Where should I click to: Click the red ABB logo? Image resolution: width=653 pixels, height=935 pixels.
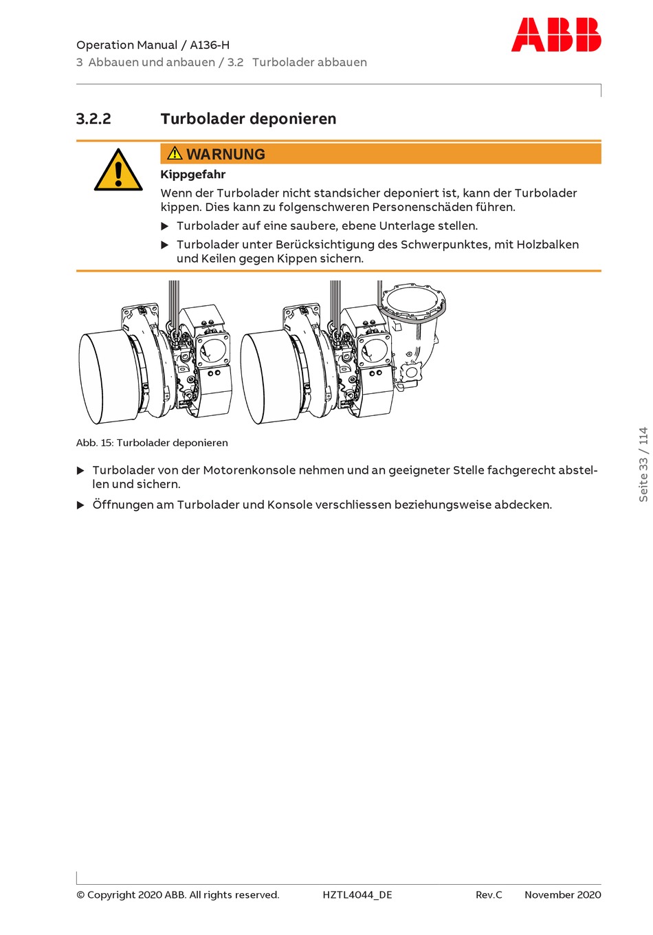coord(555,35)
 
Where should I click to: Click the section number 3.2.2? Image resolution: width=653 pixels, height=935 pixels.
coord(93,119)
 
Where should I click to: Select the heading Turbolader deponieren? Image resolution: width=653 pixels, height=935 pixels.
coord(248,119)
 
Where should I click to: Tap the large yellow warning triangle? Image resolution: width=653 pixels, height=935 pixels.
coord(118,171)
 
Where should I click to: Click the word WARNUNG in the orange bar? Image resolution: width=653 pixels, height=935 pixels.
coord(225,155)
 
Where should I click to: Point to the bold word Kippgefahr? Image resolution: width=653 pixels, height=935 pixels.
coord(192,175)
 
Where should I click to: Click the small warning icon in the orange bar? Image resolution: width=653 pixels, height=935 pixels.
coord(175,153)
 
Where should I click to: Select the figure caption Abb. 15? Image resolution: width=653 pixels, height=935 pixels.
coord(152,443)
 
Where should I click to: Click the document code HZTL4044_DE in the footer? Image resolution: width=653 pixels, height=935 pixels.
coord(357,894)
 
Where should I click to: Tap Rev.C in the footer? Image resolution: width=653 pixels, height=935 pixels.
coord(489,894)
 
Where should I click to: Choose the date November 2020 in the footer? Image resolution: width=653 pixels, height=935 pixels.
coord(562,894)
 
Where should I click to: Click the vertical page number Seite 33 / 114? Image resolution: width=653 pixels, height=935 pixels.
coord(643,465)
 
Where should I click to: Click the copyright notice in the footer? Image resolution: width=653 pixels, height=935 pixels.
coord(177,894)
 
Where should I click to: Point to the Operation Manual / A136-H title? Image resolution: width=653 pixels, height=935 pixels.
coord(153,45)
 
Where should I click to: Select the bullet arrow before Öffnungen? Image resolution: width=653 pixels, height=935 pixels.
coord(80,505)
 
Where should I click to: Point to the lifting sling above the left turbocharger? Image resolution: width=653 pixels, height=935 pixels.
coord(174,302)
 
